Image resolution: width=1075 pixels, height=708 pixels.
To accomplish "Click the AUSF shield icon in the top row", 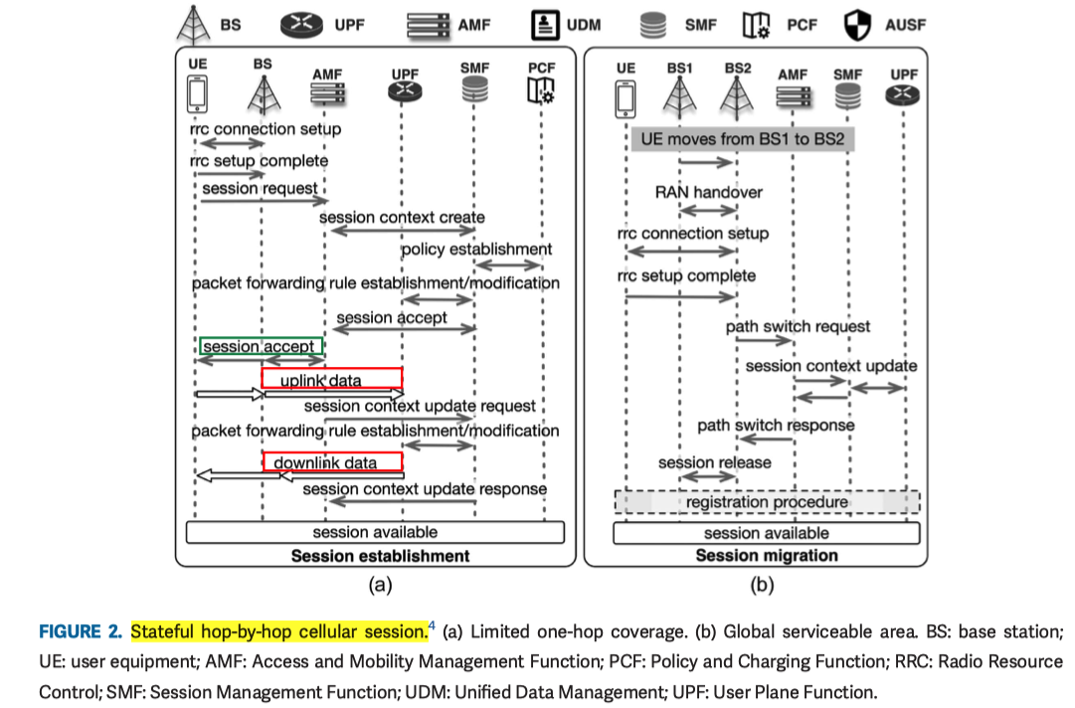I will (x=856, y=24).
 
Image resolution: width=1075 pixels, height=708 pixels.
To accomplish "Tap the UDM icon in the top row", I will (x=543, y=24).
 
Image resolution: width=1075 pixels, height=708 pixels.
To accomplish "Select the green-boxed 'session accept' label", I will (x=261, y=347).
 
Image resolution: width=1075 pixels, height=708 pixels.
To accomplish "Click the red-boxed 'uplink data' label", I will (x=331, y=379).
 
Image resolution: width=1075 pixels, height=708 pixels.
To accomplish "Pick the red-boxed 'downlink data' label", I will (x=332, y=462).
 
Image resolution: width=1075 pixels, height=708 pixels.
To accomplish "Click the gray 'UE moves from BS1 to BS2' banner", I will (x=743, y=139).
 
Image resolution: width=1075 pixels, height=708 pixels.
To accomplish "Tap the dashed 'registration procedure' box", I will (x=767, y=502).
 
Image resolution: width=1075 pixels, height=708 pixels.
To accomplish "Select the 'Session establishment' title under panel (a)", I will (x=379, y=555).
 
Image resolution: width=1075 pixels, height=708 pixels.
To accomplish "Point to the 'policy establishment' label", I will (x=476, y=249).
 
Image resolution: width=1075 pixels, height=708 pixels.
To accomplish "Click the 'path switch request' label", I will (x=798, y=326).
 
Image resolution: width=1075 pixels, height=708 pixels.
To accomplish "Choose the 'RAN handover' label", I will (x=708, y=192).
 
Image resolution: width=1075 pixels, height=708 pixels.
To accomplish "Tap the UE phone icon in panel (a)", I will (x=197, y=94).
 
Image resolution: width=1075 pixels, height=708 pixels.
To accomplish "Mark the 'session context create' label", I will (x=402, y=217).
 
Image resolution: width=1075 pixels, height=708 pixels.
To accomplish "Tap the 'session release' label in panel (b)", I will (x=714, y=462).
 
